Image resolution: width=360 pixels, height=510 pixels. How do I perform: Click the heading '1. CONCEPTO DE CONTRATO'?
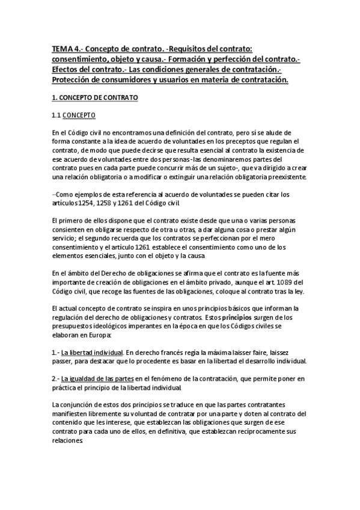[95, 96]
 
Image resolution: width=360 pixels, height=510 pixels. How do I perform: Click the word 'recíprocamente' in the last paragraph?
[253, 431]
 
